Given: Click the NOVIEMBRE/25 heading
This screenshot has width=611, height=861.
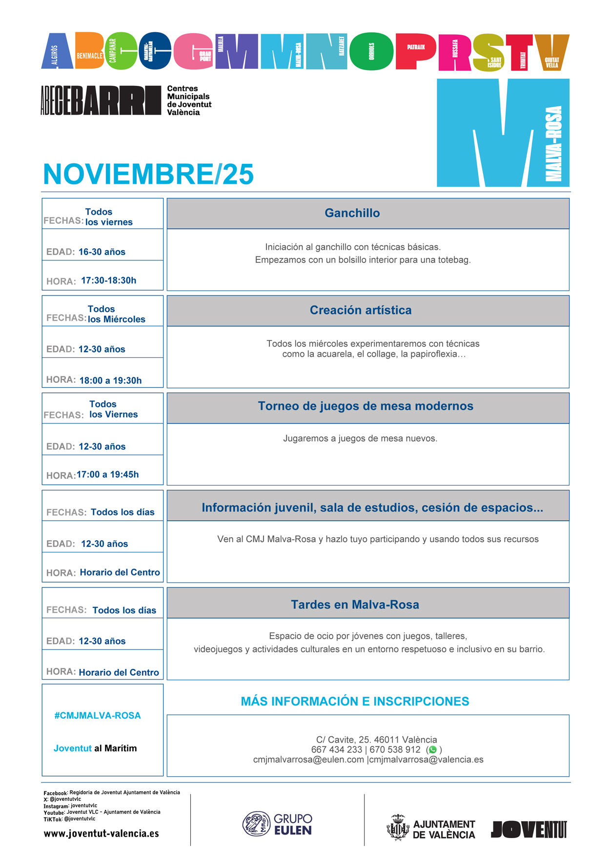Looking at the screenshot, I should coord(148,174).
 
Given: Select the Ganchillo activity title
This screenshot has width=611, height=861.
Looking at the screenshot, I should coord(352,213).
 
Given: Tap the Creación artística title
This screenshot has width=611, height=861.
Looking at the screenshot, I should coord(360,310).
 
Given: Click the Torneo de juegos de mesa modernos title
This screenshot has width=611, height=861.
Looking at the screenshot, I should coord(365,406).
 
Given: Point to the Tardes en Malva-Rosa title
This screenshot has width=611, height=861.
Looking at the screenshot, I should coord(355,605).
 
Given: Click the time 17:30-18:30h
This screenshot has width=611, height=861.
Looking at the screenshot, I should coord(108,280).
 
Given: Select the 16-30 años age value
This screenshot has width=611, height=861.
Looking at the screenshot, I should coord(102,252).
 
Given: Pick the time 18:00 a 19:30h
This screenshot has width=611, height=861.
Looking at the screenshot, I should coord(110,380).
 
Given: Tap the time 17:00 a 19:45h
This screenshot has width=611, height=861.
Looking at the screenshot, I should coord(107,474).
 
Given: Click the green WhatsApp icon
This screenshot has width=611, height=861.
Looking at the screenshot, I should coord(432,749).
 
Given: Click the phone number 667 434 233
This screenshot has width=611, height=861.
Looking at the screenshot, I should coord(336,749).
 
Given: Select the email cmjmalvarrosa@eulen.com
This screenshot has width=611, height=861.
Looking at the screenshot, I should coord(308,759).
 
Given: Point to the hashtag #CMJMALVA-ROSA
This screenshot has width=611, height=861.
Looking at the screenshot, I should coord(98,715).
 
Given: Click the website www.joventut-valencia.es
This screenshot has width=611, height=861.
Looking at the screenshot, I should coord(101,833).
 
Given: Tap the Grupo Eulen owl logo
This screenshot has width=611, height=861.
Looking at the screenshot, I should coord(256,824).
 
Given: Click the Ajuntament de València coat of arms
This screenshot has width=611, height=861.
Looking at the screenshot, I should coord(398,827).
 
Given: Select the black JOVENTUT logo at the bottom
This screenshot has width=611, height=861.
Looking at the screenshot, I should coord(529,829).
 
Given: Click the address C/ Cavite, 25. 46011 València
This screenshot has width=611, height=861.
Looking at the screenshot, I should coord(376,740).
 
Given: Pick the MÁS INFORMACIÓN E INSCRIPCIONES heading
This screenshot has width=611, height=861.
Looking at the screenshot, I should coord(355,701).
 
